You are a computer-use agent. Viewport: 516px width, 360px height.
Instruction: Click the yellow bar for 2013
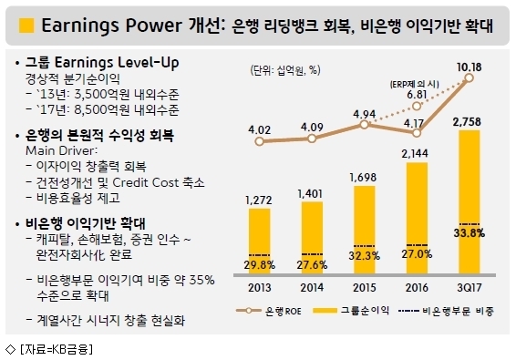click(x=259, y=241)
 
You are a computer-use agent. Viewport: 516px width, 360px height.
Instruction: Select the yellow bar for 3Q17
click(x=470, y=201)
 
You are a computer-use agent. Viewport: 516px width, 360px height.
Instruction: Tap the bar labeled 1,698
click(x=365, y=230)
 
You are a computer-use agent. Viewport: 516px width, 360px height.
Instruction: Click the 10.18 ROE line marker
click(x=470, y=78)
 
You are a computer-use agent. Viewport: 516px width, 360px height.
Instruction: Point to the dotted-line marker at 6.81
click(x=417, y=106)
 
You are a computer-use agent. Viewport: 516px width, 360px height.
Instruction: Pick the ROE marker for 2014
click(x=312, y=139)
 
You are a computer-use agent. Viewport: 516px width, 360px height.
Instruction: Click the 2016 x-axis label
click(x=417, y=288)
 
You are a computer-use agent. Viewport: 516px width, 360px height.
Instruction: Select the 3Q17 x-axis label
click(x=470, y=288)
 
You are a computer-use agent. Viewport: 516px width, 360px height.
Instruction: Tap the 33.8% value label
click(x=470, y=233)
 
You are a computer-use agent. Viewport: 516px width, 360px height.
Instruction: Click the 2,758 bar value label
click(x=467, y=122)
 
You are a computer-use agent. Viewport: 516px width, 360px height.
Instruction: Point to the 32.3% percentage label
click(x=365, y=256)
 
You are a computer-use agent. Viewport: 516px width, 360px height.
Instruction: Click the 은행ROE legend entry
click(x=269, y=311)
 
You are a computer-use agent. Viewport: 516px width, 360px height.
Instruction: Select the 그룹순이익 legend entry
click(x=351, y=310)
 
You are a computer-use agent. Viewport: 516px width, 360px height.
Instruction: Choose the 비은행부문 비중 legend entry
click(x=446, y=311)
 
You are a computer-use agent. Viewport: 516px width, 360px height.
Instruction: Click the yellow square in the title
click(x=26, y=26)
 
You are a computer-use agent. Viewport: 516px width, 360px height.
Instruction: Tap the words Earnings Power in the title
click(x=111, y=26)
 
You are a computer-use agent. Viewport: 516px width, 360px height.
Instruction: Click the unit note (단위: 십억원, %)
click(x=285, y=70)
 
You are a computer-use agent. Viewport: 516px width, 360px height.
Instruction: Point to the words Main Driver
click(x=62, y=150)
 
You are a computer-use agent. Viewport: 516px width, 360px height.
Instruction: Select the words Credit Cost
click(x=145, y=182)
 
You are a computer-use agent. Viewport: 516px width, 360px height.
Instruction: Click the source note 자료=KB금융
click(x=57, y=349)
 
